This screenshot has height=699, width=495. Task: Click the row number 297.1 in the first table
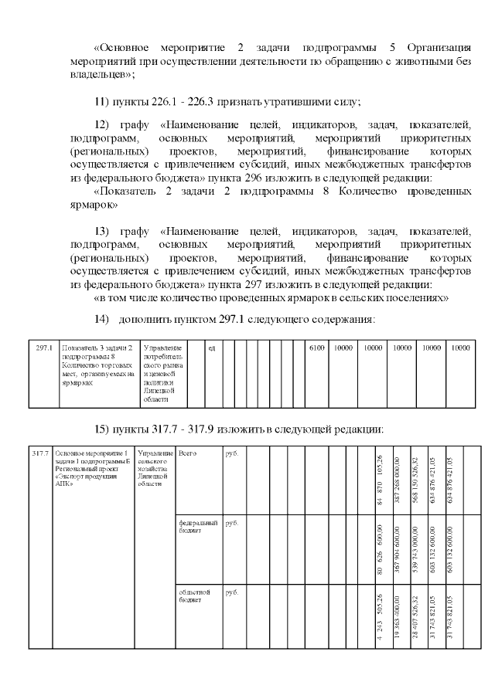pos(44,348)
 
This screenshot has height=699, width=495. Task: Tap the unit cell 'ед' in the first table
pos(210,348)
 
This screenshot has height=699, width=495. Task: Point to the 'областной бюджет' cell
pos(190,596)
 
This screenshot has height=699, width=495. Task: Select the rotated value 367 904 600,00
pos(398,552)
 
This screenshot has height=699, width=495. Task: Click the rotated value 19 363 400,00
pos(398,621)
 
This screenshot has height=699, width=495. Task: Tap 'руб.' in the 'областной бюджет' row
pos(230,592)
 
